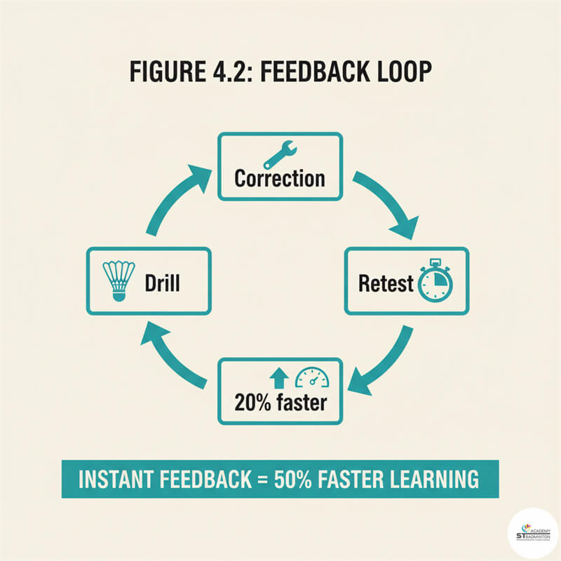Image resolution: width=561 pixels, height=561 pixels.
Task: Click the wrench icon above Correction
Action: [x=280, y=155]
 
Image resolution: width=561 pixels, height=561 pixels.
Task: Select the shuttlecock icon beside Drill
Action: [x=119, y=281]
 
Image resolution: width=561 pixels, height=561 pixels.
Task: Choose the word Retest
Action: [x=386, y=283]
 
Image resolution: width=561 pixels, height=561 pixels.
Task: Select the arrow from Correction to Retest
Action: [x=388, y=203]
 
